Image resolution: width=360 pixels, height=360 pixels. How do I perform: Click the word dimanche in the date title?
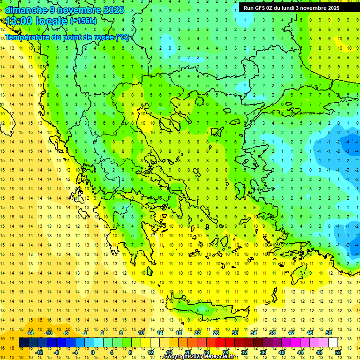25,10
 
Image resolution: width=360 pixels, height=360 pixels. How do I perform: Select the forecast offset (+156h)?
83,21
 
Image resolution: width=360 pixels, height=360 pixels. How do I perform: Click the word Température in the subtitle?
29,37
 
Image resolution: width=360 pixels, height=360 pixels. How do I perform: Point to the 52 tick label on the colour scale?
338,352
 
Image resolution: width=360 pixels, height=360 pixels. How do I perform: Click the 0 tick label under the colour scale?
93,352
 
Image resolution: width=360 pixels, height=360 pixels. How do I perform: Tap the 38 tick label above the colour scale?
272,333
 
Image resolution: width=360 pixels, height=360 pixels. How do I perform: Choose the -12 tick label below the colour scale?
39,352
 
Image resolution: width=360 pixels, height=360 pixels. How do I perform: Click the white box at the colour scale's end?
333,342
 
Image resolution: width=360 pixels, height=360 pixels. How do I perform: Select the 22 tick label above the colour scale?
197,333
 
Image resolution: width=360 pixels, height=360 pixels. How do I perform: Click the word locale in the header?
52,21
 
